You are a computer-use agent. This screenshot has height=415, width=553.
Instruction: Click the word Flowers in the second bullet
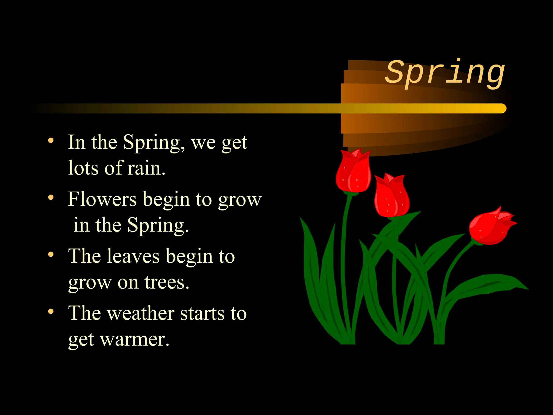click(x=102, y=199)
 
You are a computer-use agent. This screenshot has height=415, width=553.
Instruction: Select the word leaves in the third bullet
click(x=133, y=256)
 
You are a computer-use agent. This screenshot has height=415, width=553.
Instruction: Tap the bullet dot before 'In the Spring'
click(x=51, y=140)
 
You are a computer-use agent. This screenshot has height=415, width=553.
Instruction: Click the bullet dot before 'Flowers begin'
click(x=51, y=198)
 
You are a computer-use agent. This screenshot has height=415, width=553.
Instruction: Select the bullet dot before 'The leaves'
click(x=51, y=255)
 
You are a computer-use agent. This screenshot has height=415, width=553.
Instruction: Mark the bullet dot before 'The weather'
click(x=51, y=312)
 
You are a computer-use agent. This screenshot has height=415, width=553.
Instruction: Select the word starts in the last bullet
click(x=202, y=314)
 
